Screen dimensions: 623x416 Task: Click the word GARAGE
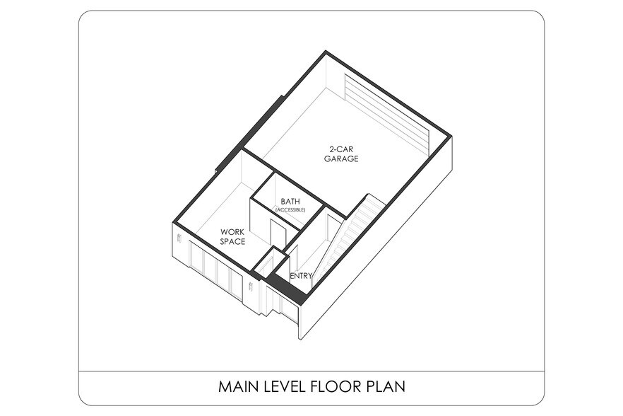tap(341, 158)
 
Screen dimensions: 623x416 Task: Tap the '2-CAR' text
tap(341, 149)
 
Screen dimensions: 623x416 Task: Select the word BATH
tap(290, 202)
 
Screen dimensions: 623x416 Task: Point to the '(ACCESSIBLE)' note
tap(290, 209)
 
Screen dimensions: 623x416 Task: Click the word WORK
tap(232, 231)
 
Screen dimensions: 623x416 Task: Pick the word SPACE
tap(232, 241)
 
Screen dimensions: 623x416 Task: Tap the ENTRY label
tap(301, 275)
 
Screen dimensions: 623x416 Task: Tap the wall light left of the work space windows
tap(179, 239)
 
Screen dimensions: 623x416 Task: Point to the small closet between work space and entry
tap(270, 262)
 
